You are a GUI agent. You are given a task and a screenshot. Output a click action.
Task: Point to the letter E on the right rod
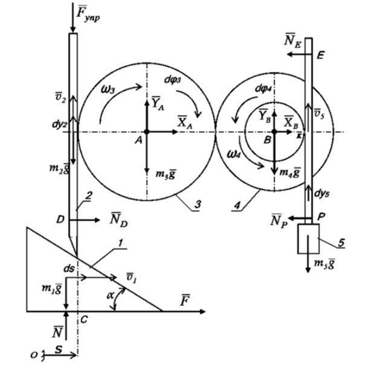click(320, 54)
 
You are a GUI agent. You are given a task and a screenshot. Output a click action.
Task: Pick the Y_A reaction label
click(158, 103)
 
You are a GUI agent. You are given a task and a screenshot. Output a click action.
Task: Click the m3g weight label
click(163, 175)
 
